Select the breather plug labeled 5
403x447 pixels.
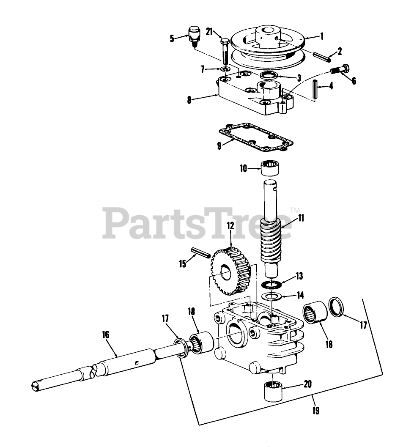pos(193,34)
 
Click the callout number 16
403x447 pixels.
pos(105,335)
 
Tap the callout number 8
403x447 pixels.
pos(189,100)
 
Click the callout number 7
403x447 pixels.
pos(202,68)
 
